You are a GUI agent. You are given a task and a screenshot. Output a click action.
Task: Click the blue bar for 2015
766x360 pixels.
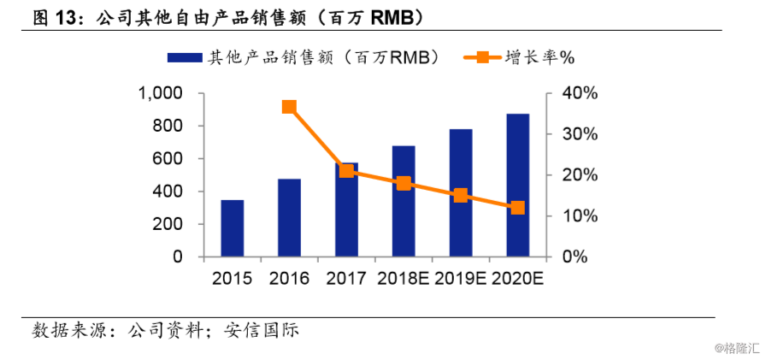[x=232, y=228]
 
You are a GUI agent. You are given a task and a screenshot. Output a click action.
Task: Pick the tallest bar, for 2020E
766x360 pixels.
[x=517, y=186]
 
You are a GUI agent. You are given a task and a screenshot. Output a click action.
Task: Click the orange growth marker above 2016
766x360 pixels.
[x=289, y=107]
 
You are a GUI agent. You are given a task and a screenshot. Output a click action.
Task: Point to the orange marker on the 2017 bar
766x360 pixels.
[x=346, y=170]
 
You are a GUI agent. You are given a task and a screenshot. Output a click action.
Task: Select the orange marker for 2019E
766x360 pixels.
[x=461, y=195]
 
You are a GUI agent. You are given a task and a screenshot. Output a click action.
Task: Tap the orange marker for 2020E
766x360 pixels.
[x=517, y=208]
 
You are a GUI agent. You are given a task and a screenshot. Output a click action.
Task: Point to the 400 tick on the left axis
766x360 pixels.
[x=168, y=192]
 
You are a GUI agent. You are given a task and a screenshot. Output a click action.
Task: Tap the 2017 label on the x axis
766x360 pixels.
[x=346, y=279]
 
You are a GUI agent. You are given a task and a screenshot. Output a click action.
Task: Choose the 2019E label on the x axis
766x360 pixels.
[x=461, y=279]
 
